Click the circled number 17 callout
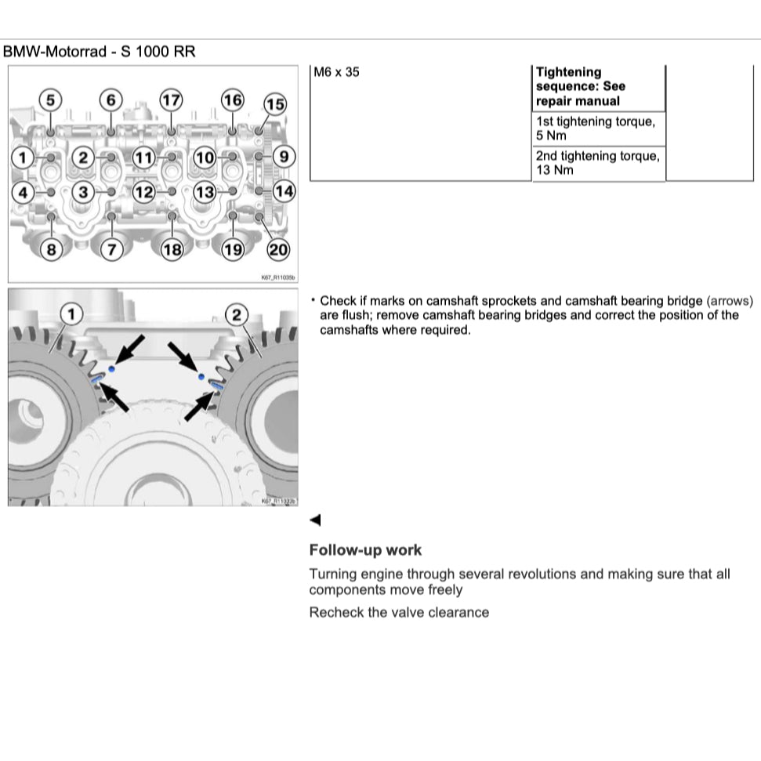[171, 100]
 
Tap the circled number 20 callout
[278, 250]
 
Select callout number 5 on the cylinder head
[50, 100]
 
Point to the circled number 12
[143, 191]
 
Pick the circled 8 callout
[51, 250]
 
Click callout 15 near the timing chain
[274, 104]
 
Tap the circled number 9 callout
[283, 157]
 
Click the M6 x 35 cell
[337, 73]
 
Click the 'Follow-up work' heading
[365, 550]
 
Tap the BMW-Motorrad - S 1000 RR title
[100, 53]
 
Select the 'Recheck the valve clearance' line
[399, 612]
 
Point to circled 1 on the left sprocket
[72, 314]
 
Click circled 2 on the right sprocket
[236, 315]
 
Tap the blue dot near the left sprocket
[114, 368]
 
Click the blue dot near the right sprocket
[201, 377]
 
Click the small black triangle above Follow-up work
[315, 520]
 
